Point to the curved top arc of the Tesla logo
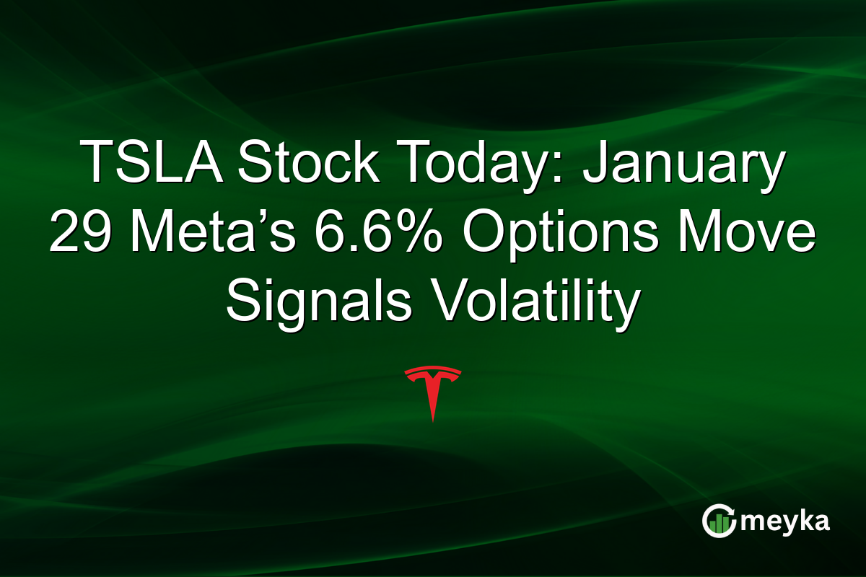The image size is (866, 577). click(x=432, y=371)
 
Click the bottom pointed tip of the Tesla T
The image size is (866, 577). click(x=432, y=419)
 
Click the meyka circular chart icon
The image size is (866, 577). click(x=719, y=521)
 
